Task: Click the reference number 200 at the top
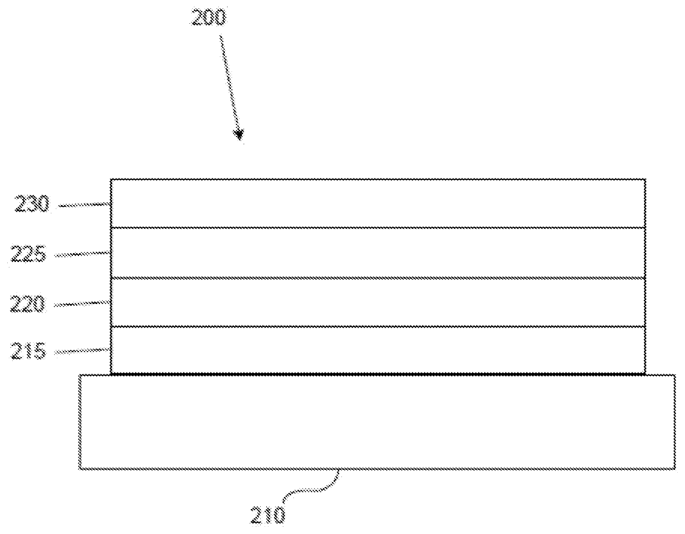tap(208, 18)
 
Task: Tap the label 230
tap(32, 205)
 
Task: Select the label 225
tap(29, 255)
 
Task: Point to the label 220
tap(28, 304)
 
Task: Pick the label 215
tap(29, 352)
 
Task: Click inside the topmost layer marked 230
tap(378, 203)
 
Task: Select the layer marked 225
tap(378, 253)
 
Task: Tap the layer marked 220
tap(378, 302)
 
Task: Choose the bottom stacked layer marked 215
tap(378, 350)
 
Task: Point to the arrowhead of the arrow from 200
tap(239, 134)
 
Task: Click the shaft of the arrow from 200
tap(229, 83)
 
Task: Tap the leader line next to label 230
tap(85, 205)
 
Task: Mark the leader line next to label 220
tap(82, 303)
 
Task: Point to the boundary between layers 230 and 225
tap(378, 227)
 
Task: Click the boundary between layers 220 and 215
tap(378, 326)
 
